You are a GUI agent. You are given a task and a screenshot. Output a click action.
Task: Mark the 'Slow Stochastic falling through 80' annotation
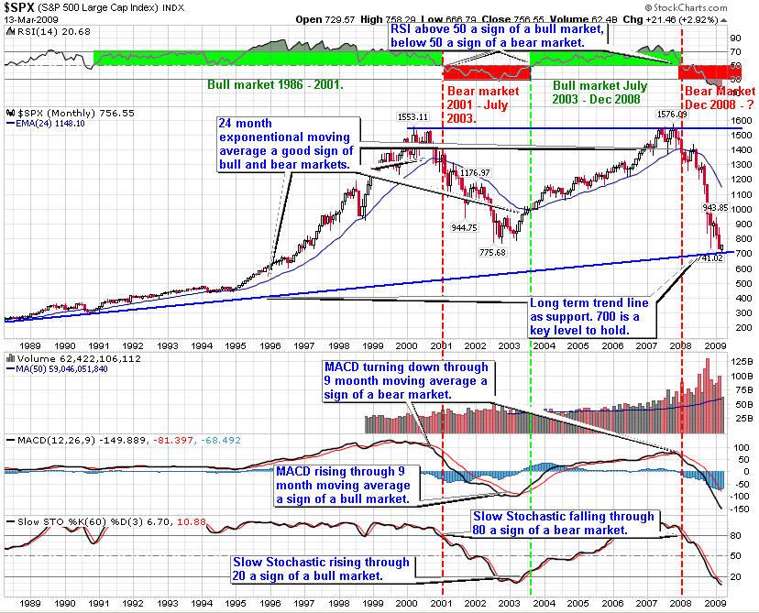[563, 522]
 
